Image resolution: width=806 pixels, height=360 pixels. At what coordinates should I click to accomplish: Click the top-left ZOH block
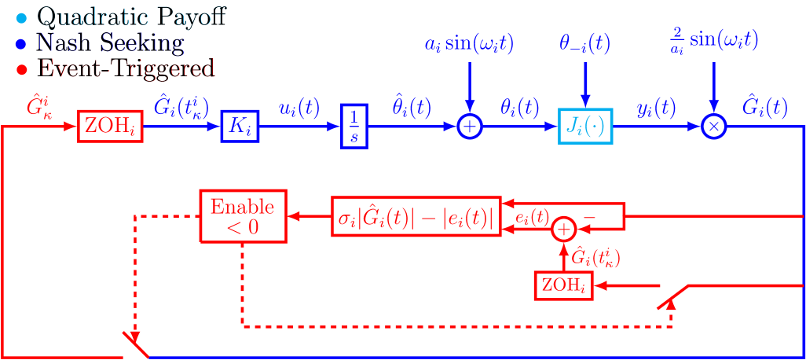(x=110, y=127)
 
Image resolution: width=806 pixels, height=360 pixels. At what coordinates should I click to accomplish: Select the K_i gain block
(x=239, y=127)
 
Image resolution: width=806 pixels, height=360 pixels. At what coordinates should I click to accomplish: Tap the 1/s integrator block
(x=354, y=127)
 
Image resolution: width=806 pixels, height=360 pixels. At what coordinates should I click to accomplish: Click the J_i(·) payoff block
(x=585, y=127)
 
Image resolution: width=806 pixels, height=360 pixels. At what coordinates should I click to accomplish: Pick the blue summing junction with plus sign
(x=469, y=127)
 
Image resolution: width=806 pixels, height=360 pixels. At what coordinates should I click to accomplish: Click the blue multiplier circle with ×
(x=713, y=127)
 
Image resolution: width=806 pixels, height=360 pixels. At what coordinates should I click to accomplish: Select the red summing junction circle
(x=563, y=229)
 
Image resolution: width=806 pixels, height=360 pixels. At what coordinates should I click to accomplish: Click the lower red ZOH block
(x=564, y=285)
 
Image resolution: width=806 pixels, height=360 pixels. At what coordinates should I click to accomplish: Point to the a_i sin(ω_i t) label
(x=469, y=45)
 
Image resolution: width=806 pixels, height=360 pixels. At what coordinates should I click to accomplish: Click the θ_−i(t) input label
(x=584, y=45)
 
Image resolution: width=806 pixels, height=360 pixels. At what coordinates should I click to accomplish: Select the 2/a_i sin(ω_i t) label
(x=713, y=39)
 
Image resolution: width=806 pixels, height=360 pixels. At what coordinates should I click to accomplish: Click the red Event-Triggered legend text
(x=126, y=69)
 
